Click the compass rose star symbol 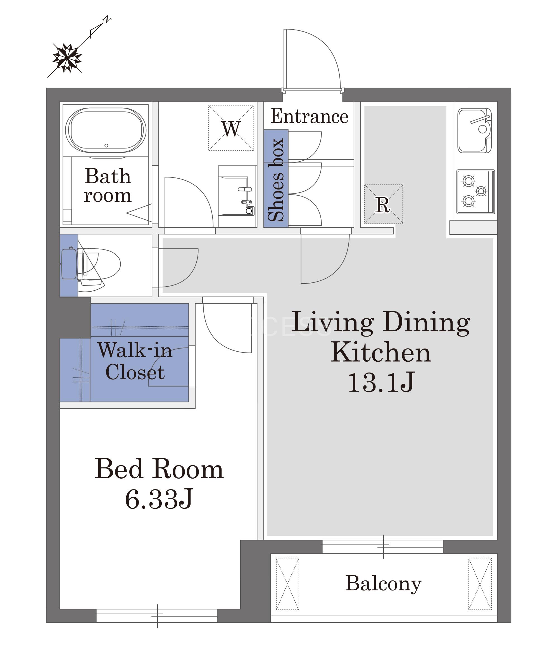(67, 58)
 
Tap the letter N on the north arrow (107, 19)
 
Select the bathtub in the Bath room (106, 130)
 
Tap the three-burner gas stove (476, 192)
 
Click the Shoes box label (276, 180)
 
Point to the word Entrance (309, 116)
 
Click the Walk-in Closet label (135, 361)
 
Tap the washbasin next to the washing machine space (237, 196)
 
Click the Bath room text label (108, 185)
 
